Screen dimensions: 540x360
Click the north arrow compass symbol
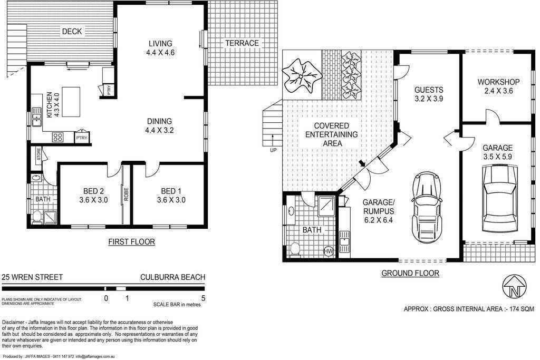click(515, 287)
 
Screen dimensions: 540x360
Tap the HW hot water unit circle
click(329, 251)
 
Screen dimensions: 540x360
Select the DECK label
click(72, 31)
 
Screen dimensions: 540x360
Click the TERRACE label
click(242, 43)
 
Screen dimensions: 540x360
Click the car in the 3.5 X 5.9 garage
click(500, 199)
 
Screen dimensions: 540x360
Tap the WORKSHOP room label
click(498, 82)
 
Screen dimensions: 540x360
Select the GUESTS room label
click(428, 90)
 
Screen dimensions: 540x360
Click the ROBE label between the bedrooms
click(126, 194)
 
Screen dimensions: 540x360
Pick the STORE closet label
click(38, 154)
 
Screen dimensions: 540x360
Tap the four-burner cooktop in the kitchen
click(57, 137)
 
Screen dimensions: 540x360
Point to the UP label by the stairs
click(273, 150)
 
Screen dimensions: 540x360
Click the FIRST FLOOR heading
click(131, 242)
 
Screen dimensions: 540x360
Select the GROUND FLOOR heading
click(410, 273)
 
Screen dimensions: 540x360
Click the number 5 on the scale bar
click(203, 298)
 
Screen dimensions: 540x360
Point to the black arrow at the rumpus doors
click(362, 163)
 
